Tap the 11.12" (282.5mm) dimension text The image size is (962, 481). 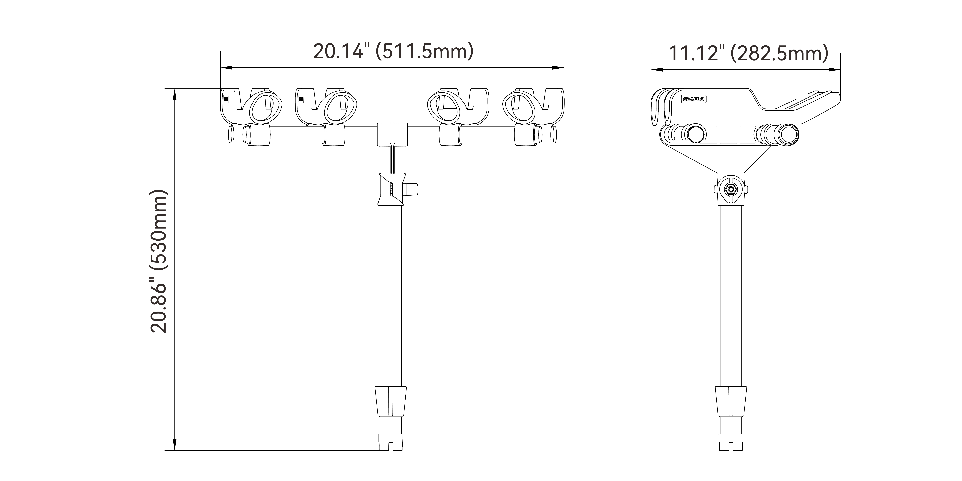pyautogui.click(x=748, y=53)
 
